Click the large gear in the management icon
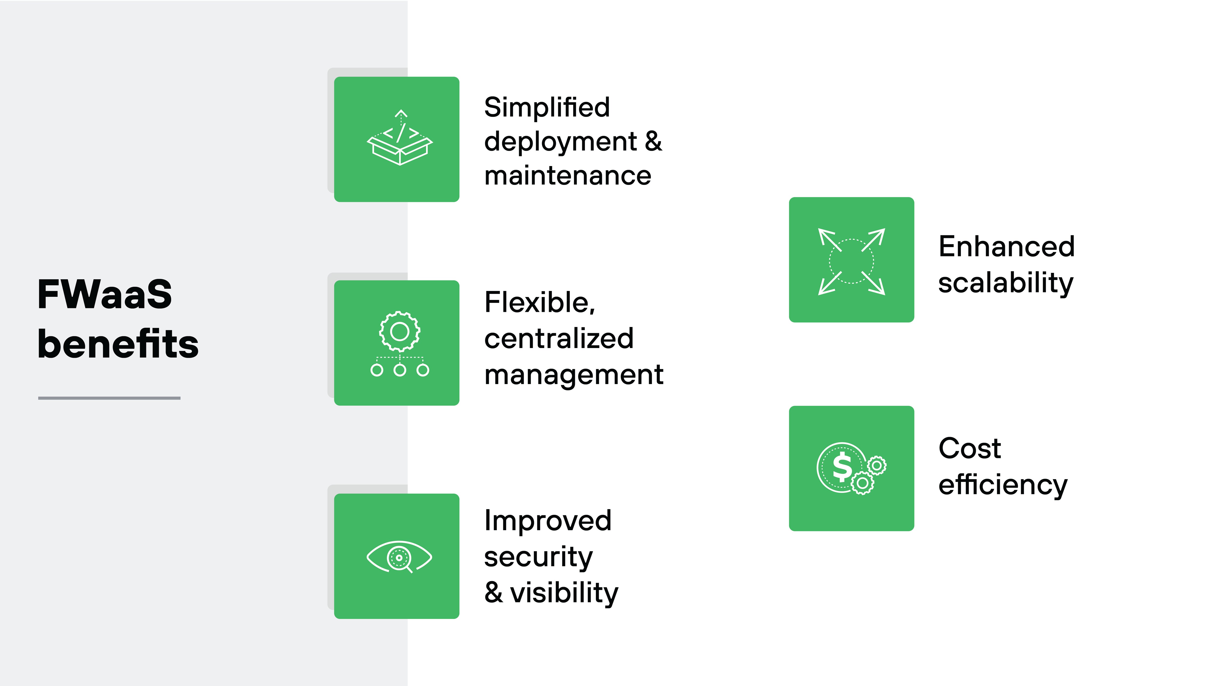(399, 331)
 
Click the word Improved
(548, 520)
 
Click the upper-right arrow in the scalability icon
(874, 239)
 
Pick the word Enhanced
(1006, 247)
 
